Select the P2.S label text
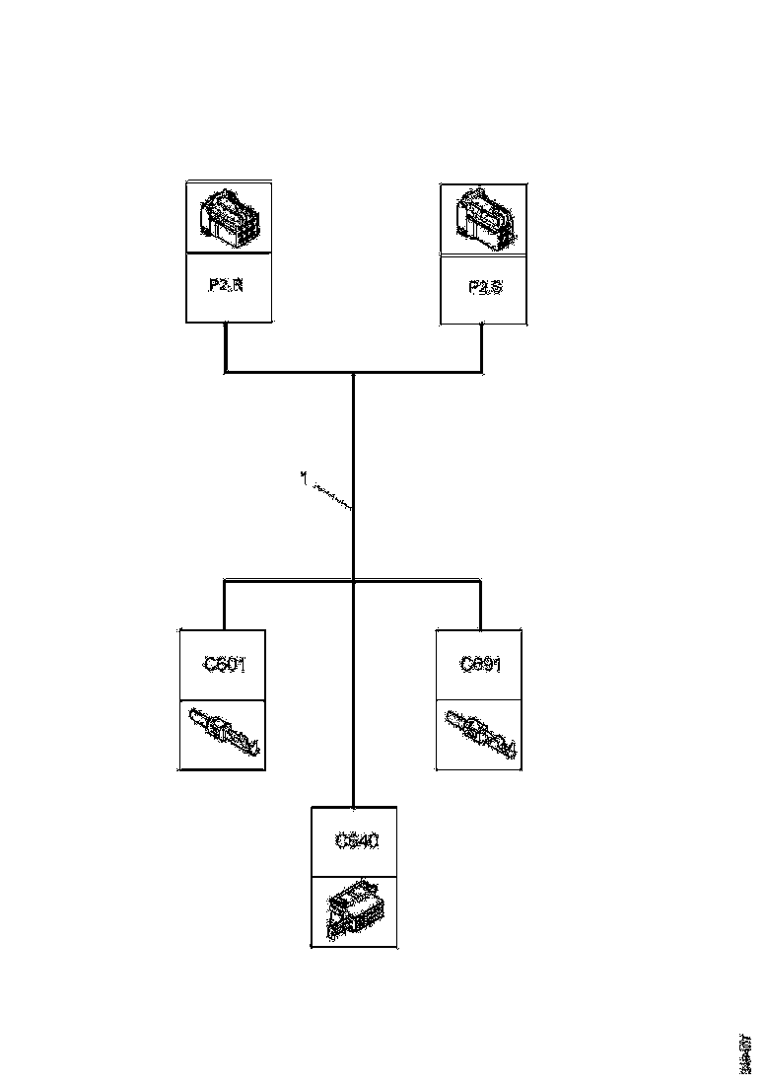pos(484,288)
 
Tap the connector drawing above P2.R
pos(229,217)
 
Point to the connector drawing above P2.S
pos(482,218)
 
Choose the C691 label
pos(480,665)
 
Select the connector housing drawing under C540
pos(355,912)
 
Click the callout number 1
pos(305,477)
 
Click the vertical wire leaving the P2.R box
pos(227,347)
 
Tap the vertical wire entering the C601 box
pos(224,606)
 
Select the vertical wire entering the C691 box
pos(480,606)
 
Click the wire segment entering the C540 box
pos(353,769)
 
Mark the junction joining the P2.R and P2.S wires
pos(353,373)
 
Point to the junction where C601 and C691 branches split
pos(353,581)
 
